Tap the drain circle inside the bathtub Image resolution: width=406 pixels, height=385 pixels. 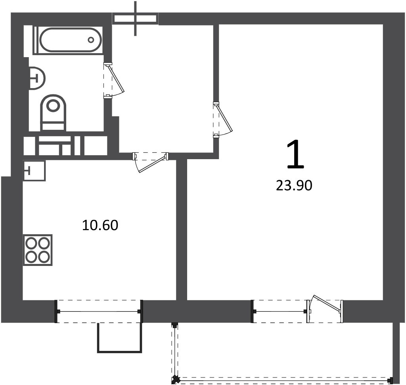click(91, 40)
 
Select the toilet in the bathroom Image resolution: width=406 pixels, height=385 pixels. click(54, 112)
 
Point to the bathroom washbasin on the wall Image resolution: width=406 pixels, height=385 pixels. click(37, 78)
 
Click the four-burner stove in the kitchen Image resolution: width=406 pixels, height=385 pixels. click(38, 250)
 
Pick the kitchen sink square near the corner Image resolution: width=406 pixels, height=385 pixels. click(34, 171)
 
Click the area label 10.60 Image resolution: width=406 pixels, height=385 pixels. click(100, 225)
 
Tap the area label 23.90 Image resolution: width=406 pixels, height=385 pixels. click(294, 185)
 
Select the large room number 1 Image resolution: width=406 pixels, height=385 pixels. click(295, 154)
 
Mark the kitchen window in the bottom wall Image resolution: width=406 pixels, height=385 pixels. click(99, 311)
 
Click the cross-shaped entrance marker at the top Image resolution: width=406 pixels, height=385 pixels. click(136, 19)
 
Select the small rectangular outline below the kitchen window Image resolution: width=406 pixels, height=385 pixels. click(120, 338)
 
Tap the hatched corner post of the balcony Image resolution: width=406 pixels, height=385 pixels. click(176, 380)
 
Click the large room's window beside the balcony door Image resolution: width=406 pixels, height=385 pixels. click(280, 311)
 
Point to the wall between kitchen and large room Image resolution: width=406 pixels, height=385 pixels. click(182, 230)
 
